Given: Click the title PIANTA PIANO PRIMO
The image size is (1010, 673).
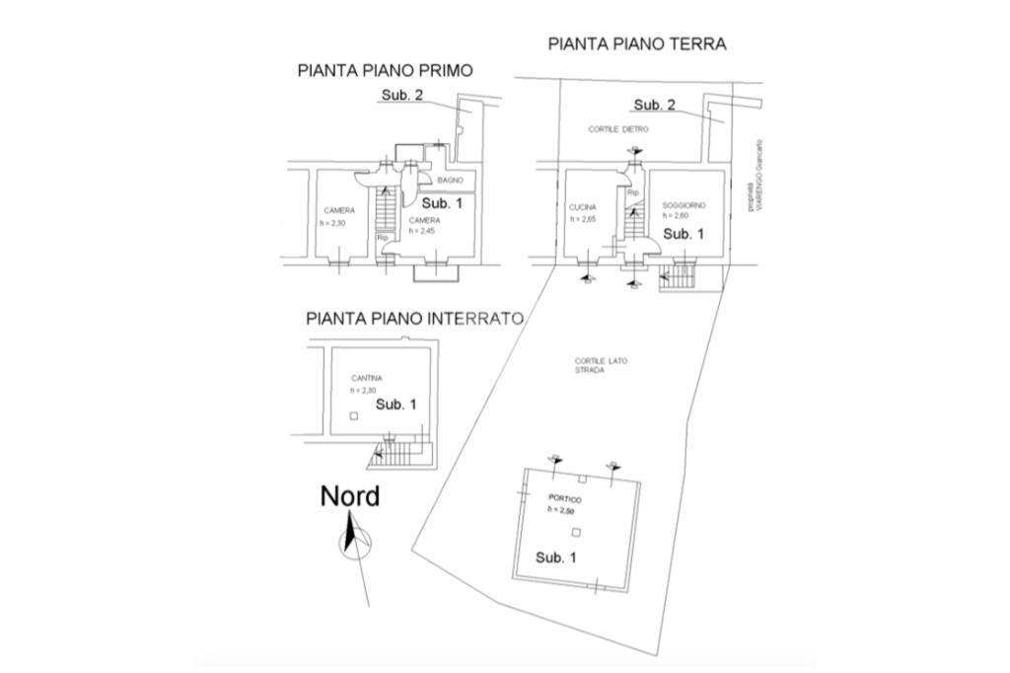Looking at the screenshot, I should point(385,70).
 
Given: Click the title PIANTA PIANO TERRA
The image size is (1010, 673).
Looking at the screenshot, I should point(636,43).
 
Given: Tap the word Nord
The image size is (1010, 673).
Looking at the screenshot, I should point(349,496).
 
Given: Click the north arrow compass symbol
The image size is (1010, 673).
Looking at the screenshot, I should point(353,542).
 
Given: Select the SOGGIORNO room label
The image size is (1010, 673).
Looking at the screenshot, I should point(683,204).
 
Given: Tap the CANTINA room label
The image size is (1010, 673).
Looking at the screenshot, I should point(366,378).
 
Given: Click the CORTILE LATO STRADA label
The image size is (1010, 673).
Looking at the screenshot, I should point(601,365).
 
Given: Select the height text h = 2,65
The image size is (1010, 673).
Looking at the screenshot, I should point(583,219).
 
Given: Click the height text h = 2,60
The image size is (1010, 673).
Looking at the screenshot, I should point(675,215).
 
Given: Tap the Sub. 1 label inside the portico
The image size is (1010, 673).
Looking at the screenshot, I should point(556,558).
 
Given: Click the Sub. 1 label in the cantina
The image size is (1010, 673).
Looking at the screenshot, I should point(396,405).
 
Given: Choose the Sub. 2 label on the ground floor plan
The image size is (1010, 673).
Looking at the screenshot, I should point(654,105).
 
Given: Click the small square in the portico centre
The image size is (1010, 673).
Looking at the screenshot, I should point(577,532).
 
